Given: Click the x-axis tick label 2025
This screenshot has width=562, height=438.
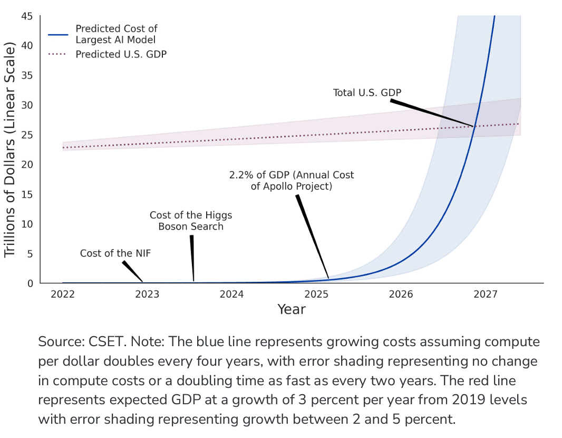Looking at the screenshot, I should point(316,294).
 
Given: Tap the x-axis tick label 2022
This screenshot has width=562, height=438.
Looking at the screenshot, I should point(63,294).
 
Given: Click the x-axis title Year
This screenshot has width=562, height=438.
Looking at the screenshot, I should point(292,309).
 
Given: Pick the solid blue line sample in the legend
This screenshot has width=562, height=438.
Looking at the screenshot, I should point(58,34).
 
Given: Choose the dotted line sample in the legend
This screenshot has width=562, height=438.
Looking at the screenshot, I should point(58,54).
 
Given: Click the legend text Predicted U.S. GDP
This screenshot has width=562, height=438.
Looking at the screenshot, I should point(121,54).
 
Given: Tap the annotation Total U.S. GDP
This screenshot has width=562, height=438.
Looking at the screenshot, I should point(367,93).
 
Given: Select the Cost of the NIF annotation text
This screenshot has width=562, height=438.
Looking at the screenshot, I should point(115,253).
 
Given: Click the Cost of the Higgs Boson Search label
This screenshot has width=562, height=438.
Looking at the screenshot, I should point(191,221).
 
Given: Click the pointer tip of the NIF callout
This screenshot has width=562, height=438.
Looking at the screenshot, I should point(143,282).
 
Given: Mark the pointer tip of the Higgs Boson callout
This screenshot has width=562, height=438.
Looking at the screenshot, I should point(193,281).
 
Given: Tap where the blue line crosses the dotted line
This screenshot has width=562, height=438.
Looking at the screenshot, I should point(473,126).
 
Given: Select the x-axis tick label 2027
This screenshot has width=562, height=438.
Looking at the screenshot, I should point(486,294).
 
